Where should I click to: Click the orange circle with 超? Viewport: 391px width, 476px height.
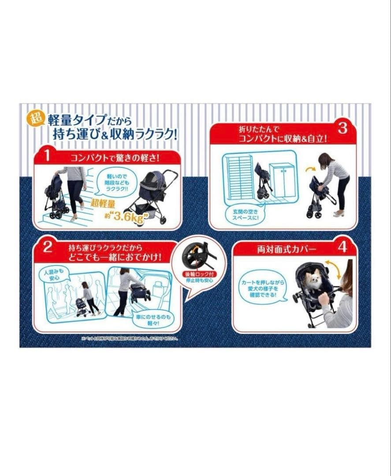(x=35, y=119)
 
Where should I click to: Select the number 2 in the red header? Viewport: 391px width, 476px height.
(x=47, y=247)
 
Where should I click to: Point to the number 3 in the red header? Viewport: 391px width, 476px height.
(x=343, y=128)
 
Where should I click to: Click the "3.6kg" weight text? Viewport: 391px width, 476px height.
(x=131, y=216)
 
